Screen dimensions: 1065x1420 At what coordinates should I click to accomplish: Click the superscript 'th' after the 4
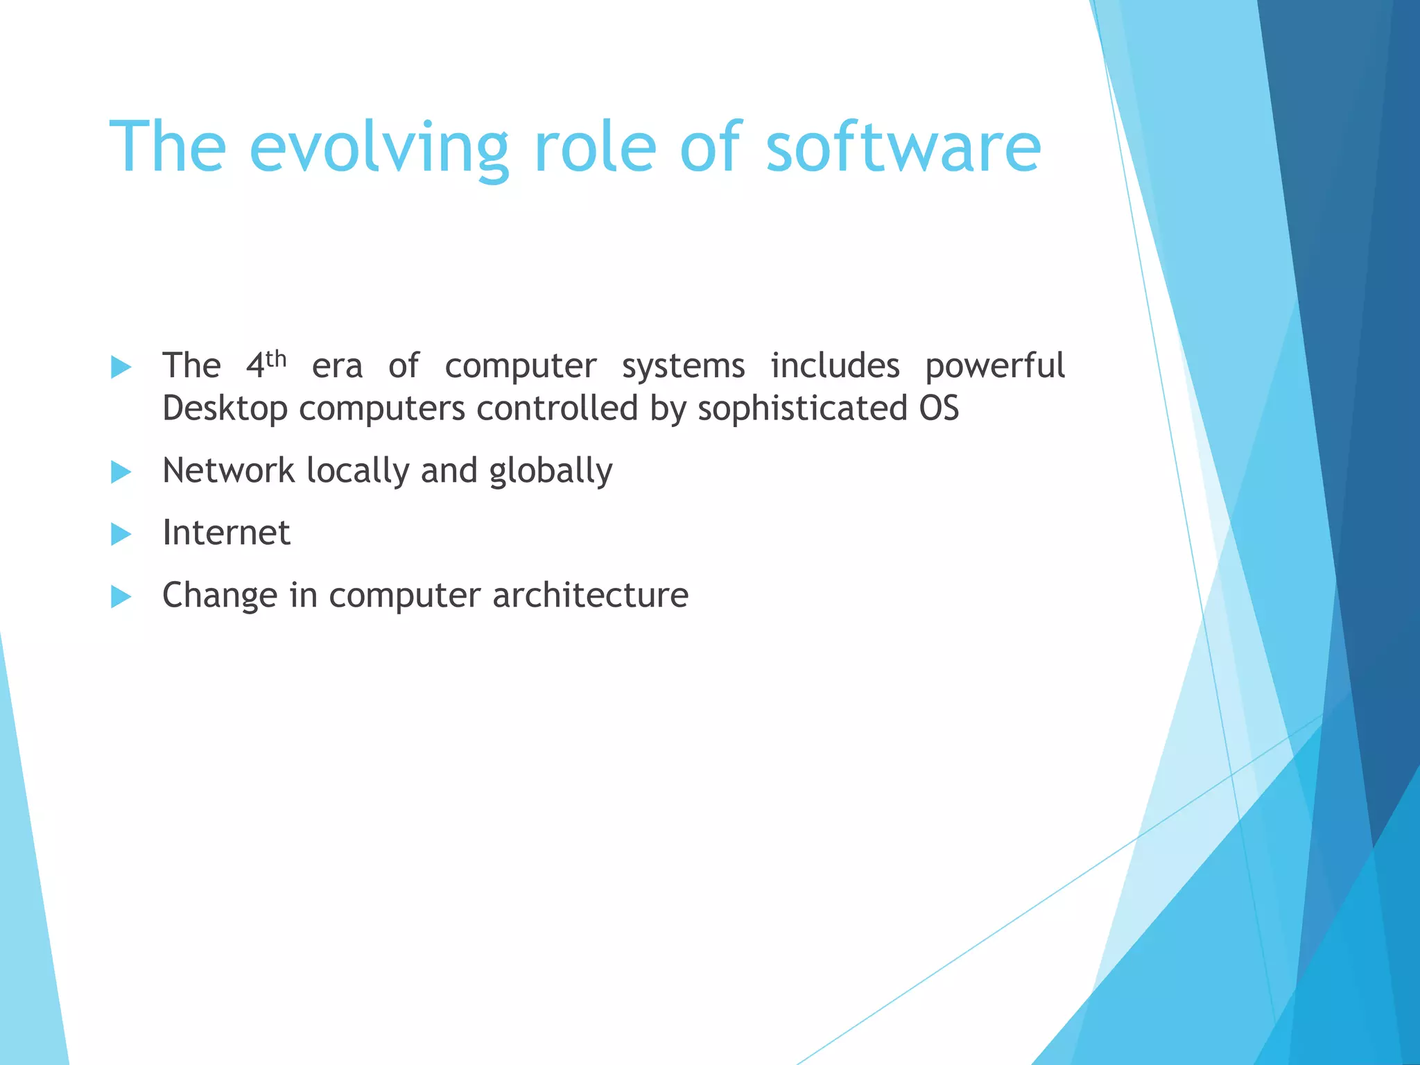tap(276, 359)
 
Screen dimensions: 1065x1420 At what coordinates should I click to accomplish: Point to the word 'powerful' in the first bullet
tap(995, 366)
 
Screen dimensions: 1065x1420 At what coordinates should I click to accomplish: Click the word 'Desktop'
tap(225, 408)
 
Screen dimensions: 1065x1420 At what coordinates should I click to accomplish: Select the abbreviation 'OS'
tap(939, 408)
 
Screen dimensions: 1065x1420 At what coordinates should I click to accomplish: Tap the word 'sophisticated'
tap(802, 408)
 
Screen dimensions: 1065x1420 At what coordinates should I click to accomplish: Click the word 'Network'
tap(228, 471)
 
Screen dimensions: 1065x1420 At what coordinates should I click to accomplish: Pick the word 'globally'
tap(551, 472)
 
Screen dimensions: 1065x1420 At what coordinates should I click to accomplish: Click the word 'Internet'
tap(226, 533)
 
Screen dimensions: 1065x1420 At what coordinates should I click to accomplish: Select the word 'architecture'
tap(590, 596)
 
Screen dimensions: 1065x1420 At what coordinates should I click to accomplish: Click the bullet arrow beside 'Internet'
tap(121, 534)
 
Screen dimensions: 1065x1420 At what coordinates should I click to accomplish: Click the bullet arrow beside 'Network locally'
tap(121, 472)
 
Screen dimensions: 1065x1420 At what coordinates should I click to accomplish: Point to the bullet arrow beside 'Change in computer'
tap(121, 596)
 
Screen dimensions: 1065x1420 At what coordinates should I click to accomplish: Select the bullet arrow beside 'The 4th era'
tap(121, 367)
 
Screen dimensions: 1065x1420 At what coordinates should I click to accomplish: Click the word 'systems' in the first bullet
tap(683, 367)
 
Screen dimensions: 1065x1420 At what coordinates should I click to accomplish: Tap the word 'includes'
tap(835, 366)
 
